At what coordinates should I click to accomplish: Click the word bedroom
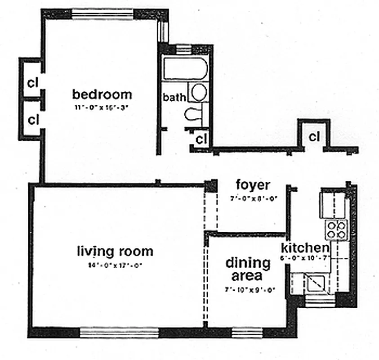coord(103,94)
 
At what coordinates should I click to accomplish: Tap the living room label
coord(115,251)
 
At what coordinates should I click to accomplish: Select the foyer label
coord(253,185)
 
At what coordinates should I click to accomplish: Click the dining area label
coord(248,269)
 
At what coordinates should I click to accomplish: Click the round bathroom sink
coord(197,92)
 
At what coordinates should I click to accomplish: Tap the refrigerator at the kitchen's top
coord(332,203)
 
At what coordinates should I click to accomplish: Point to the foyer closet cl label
coord(314,136)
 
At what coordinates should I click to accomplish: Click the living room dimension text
coord(116,265)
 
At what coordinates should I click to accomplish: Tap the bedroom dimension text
coord(102,108)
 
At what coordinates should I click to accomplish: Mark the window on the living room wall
coord(119,333)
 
